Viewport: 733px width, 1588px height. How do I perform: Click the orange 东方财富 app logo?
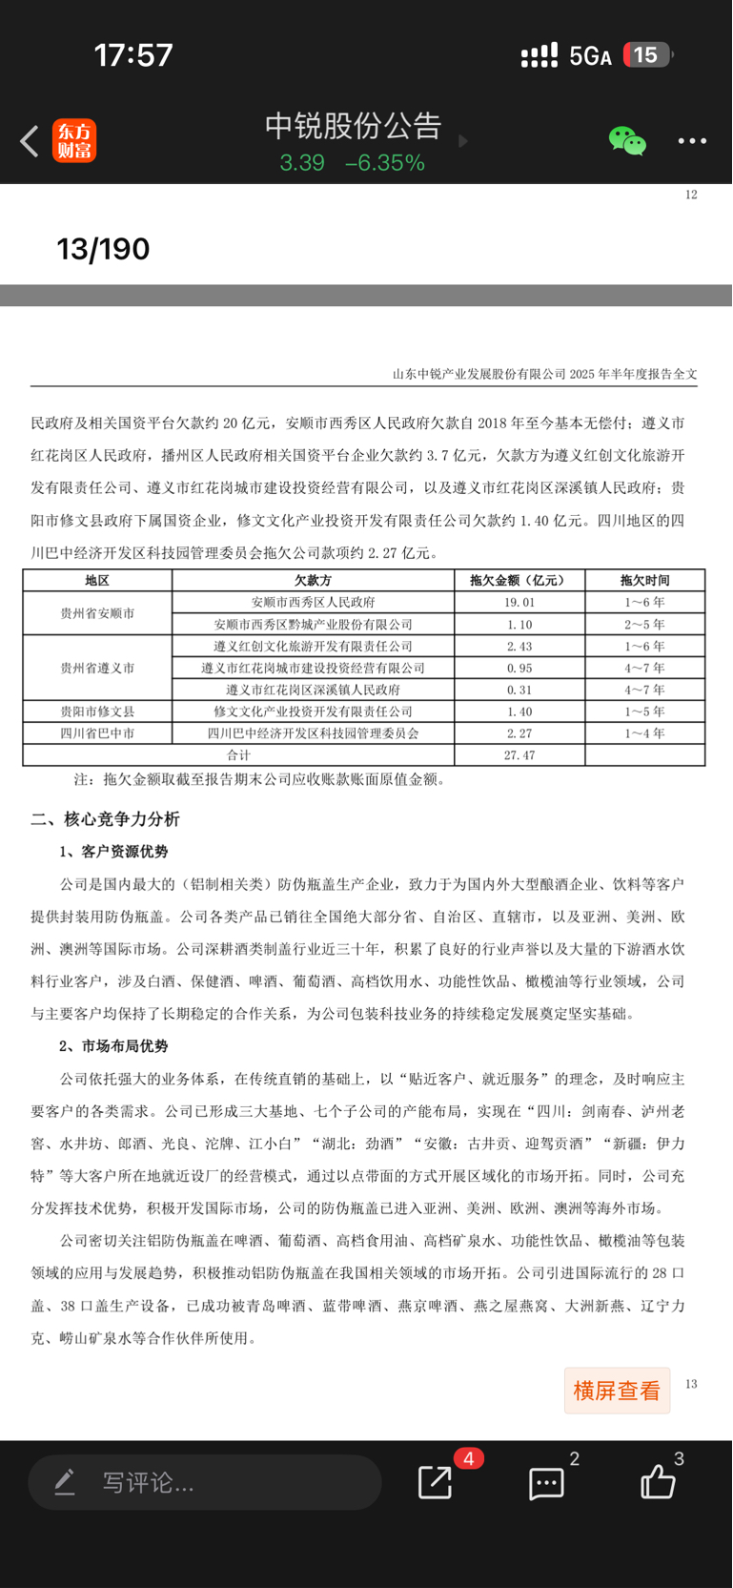[74, 141]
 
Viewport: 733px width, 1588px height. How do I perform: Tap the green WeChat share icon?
[627, 141]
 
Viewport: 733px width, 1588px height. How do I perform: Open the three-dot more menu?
[692, 141]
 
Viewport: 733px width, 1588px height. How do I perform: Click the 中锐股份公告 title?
[353, 125]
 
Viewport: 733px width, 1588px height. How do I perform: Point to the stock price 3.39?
[302, 163]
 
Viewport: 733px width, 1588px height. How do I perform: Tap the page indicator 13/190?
[103, 249]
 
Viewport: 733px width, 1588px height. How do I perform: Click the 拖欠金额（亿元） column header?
[519, 580]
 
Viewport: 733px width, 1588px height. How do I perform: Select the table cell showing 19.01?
[519, 602]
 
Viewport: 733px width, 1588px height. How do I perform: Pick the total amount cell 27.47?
[519, 754]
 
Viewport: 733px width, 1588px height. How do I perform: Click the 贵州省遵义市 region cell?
[97, 668]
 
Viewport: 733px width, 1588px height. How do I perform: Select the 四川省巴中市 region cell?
[97, 733]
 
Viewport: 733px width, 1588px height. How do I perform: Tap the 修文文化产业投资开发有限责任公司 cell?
[313, 712]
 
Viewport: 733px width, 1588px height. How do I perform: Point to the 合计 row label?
[238, 754]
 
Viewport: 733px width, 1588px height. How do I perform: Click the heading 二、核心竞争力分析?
[105, 819]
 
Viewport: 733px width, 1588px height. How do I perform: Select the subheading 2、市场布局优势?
[113, 1046]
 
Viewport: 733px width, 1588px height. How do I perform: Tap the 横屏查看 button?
[617, 1391]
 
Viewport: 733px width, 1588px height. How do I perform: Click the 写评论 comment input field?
[205, 1482]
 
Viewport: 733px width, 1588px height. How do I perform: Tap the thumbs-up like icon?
[658, 1482]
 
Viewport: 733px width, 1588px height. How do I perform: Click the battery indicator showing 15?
[647, 55]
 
